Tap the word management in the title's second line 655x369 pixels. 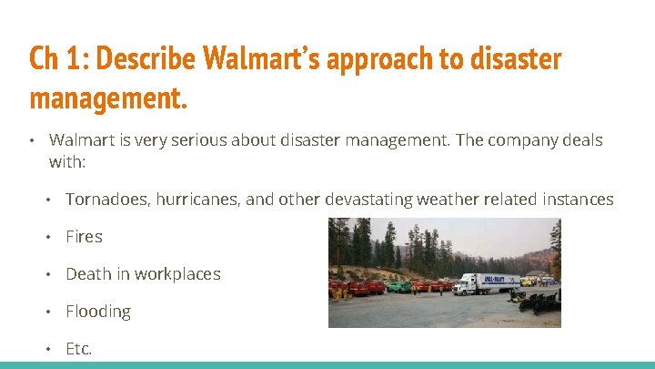108,97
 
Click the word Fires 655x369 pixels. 84,236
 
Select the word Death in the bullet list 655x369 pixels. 87,273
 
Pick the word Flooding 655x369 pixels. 98,311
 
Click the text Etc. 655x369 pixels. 79,348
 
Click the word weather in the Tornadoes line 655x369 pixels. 448,199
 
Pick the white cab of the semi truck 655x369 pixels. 463,286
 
